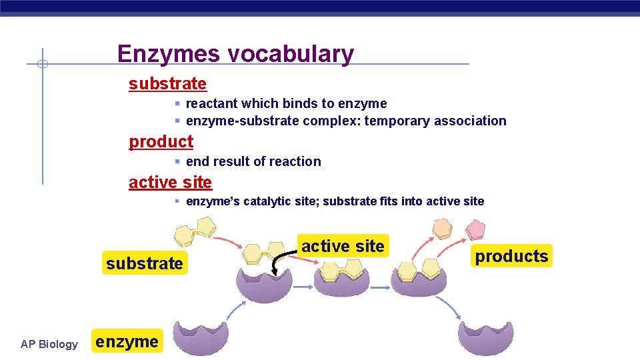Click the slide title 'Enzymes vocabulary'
(235, 53)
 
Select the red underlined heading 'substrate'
(167, 84)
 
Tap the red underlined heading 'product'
(161, 141)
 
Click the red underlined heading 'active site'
(170, 182)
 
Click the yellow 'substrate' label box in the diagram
(144, 263)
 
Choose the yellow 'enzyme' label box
(127, 343)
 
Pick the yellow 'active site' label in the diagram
(343, 246)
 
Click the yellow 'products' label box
(511, 256)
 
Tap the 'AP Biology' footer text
(49, 344)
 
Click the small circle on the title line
(42, 64)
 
